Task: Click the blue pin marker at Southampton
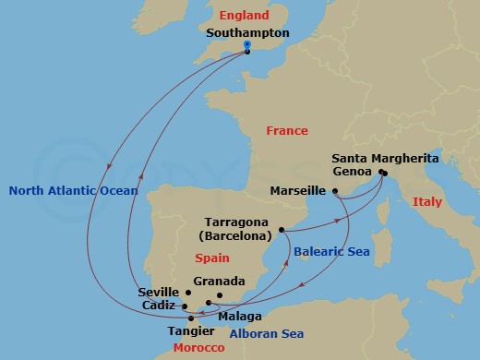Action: [x=247, y=45]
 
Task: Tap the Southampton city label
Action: [x=248, y=32]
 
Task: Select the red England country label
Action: [x=244, y=16]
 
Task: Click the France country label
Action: [x=287, y=131]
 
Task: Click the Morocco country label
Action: [x=198, y=347]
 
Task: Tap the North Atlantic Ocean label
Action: [x=73, y=191]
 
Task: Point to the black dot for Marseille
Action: [x=335, y=191]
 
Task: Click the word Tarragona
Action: [x=235, y=222]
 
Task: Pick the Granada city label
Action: [x=220, y=282]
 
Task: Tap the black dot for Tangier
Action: [x=191, y=318]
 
